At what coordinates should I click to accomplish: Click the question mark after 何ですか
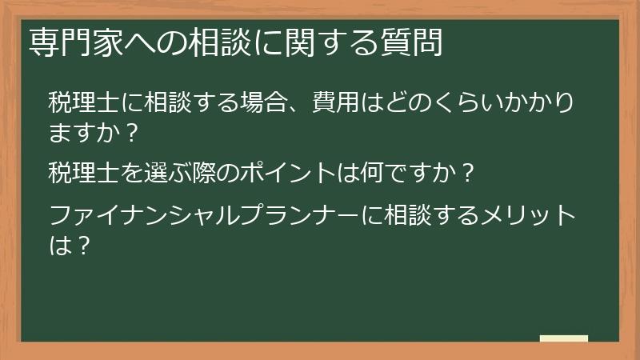coord(470,172)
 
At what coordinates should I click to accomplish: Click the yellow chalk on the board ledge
coord(563,338)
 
